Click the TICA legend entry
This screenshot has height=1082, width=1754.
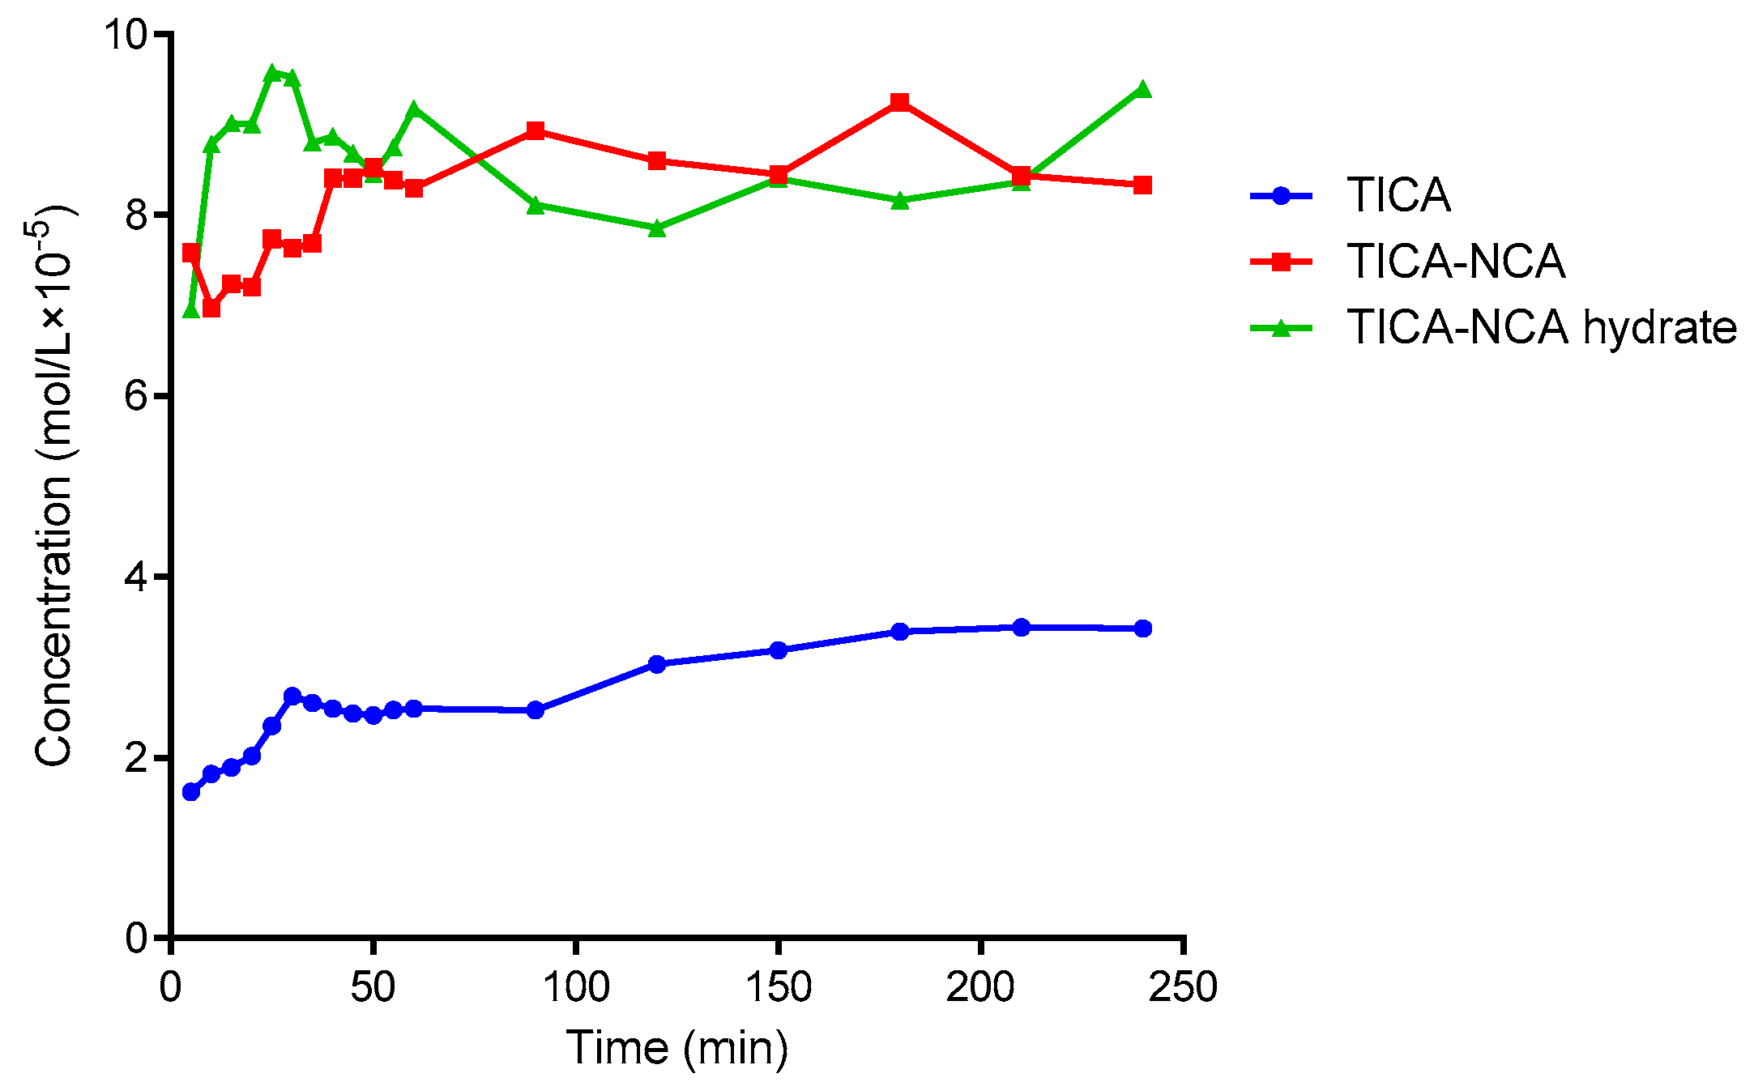click(1398, 195)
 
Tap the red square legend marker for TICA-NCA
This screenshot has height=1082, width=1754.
click(1281, 262)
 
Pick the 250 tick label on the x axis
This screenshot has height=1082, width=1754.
click(1183, 987)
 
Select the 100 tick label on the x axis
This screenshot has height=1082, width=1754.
click(575, 987)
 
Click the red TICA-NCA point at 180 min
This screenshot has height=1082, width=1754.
click(899, 102)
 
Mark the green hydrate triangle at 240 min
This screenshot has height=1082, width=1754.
click(1142, 89)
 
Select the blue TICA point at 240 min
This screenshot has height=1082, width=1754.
click(1142, 628)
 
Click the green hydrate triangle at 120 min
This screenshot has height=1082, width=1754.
click(657, 228)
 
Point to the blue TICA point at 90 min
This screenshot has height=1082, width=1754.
click(536, 710)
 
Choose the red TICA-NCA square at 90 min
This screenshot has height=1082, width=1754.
click(536, 130)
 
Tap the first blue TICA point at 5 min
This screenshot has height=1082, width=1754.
click(191, 791)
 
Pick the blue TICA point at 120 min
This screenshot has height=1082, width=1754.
click(657, 664)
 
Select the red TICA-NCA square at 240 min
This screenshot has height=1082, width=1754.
click(1142, 185)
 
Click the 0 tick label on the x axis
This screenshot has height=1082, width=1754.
click(170, 987)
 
